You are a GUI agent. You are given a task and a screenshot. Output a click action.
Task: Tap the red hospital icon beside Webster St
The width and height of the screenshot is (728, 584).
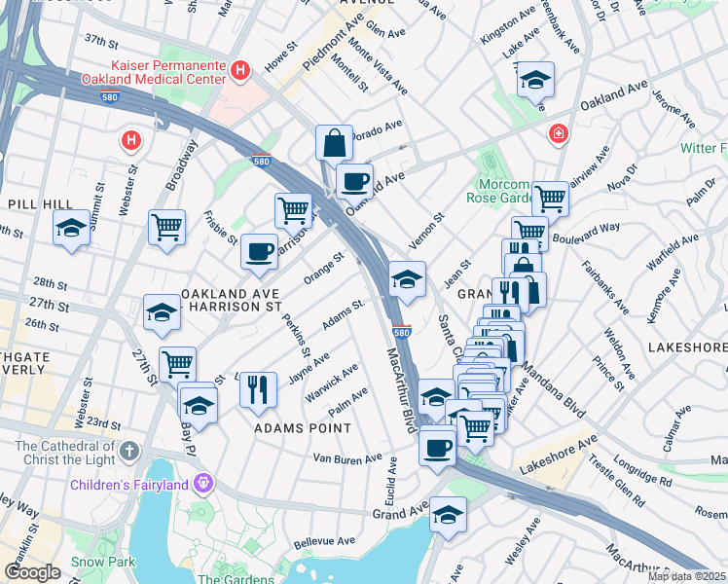pos(130,141)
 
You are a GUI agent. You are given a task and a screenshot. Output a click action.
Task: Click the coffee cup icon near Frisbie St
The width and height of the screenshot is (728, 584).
pos(259,251)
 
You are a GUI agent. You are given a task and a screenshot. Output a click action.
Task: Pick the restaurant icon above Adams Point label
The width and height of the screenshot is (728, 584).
pos(258,389)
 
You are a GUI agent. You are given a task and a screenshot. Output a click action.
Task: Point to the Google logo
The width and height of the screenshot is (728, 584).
pos(32,572)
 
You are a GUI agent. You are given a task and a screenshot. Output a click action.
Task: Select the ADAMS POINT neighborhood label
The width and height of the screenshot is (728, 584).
pos(302,428)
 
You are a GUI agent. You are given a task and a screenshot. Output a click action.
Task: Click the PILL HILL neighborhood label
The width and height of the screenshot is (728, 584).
pos(36,203)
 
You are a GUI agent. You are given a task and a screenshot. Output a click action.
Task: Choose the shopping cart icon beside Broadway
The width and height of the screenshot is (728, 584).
pos(167,227)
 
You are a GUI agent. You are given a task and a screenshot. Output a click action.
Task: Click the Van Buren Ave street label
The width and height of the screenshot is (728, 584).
pos(347,458)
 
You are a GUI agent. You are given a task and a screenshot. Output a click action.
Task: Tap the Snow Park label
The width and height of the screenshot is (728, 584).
pos(102,562)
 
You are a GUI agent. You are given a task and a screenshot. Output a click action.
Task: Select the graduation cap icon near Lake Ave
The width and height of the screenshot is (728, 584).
pos(534,80)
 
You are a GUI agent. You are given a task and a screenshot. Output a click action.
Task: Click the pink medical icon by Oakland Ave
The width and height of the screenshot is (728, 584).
pos(559,133)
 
